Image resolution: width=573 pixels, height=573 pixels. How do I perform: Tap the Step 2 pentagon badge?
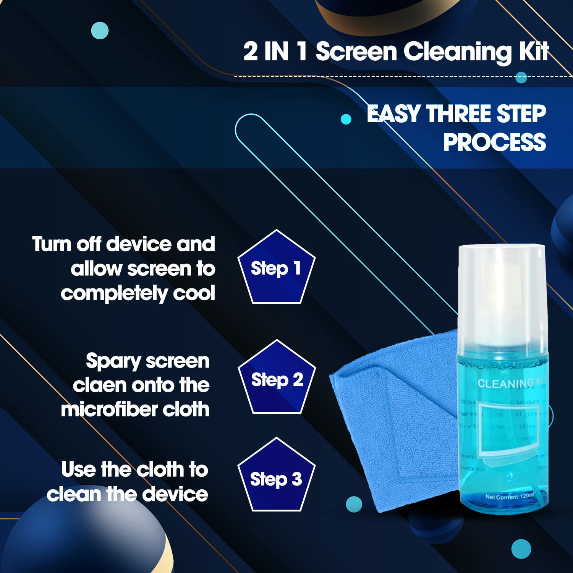tap(277, 379)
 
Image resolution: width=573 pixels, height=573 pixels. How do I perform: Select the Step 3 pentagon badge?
tap(276, 477)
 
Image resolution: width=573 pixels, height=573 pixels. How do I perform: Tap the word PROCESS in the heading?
tap(494, 142)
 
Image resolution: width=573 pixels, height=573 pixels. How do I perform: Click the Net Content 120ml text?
tap(509, 497)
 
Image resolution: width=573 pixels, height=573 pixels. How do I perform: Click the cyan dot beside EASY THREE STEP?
tap(346, 119)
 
